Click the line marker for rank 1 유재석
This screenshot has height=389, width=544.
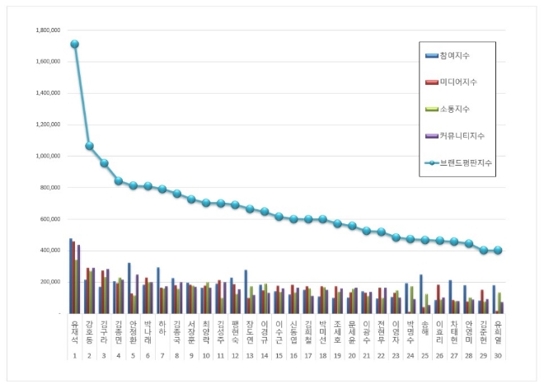[74, 44]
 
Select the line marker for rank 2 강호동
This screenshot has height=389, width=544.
[89, 146]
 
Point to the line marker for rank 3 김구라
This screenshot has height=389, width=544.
[104, 163]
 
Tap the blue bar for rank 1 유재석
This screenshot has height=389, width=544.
[70, 276]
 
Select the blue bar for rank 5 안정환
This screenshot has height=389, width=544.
[129, 288]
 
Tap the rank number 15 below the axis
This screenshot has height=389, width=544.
[279, 354]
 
